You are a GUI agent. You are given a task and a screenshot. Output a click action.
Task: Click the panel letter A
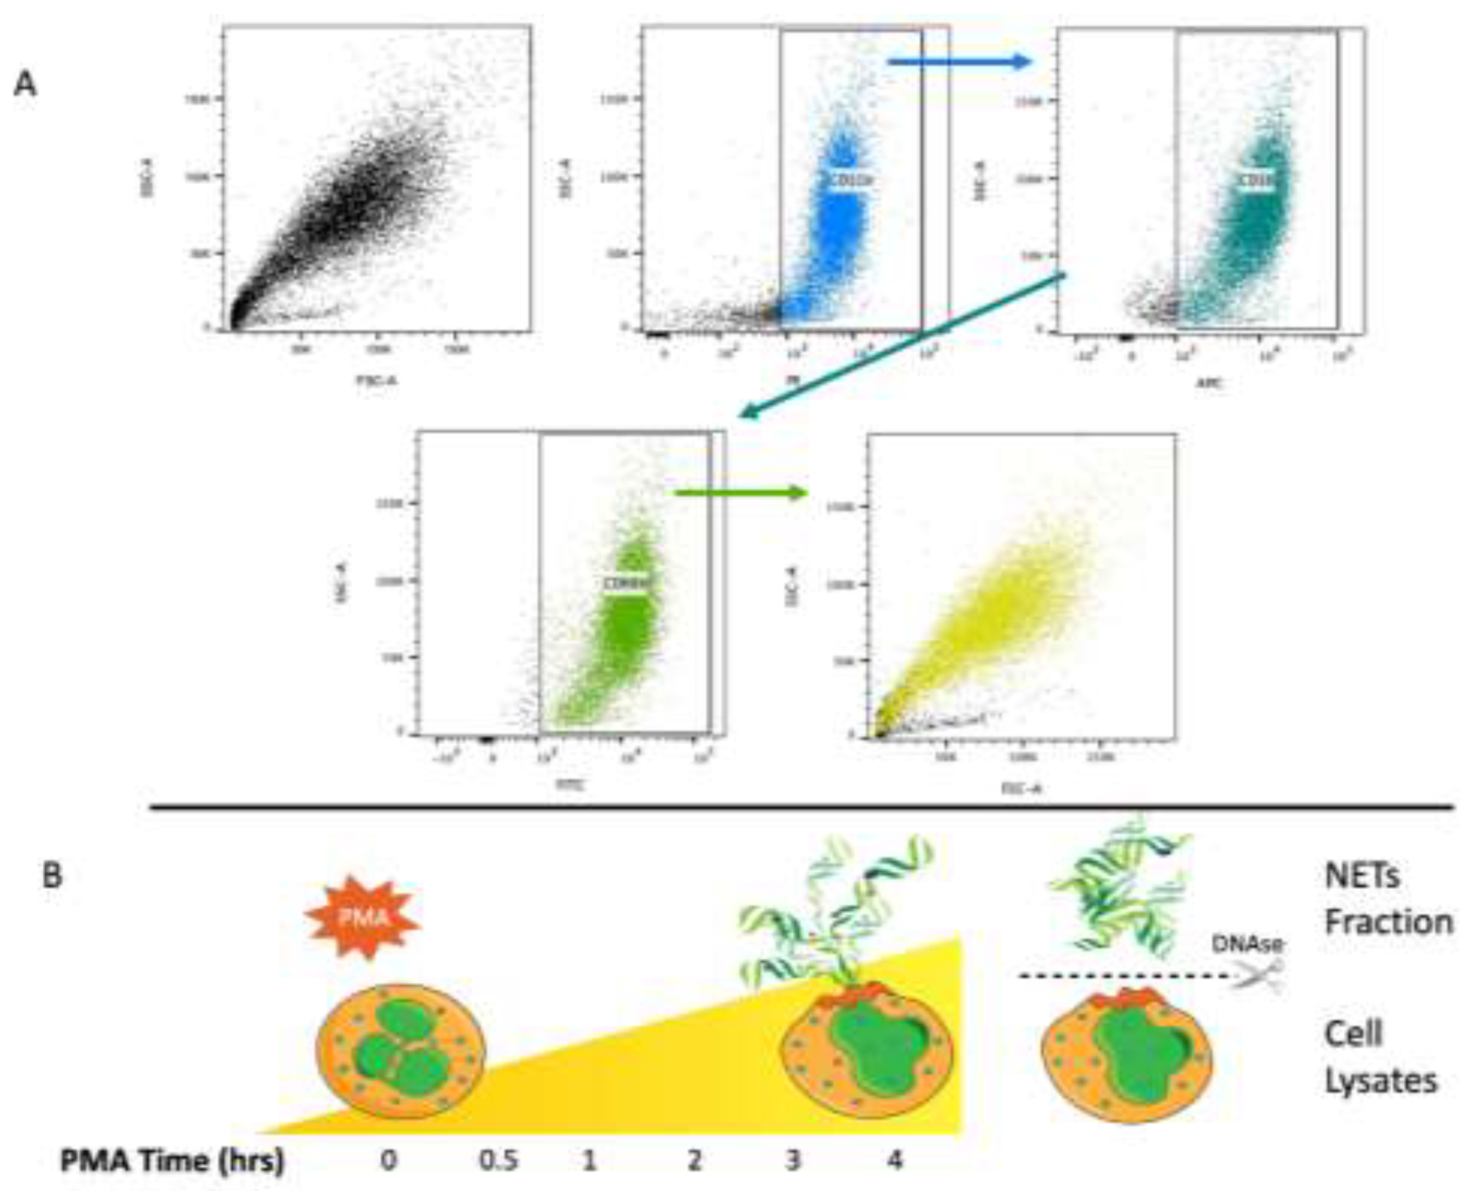click(26, 85)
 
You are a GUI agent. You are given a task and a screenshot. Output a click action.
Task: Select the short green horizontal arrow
click(739, 492)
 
